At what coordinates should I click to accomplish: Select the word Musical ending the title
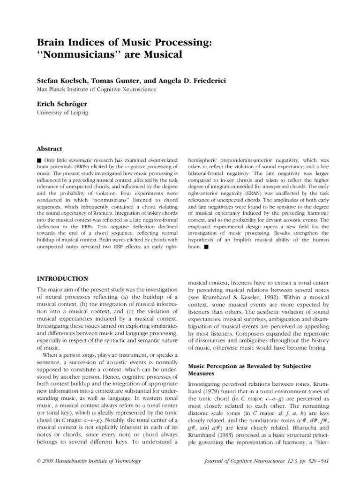point(160,55)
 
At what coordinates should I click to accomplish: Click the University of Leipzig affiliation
point(59,113)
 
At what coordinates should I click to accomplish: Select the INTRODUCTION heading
point(62,278)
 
